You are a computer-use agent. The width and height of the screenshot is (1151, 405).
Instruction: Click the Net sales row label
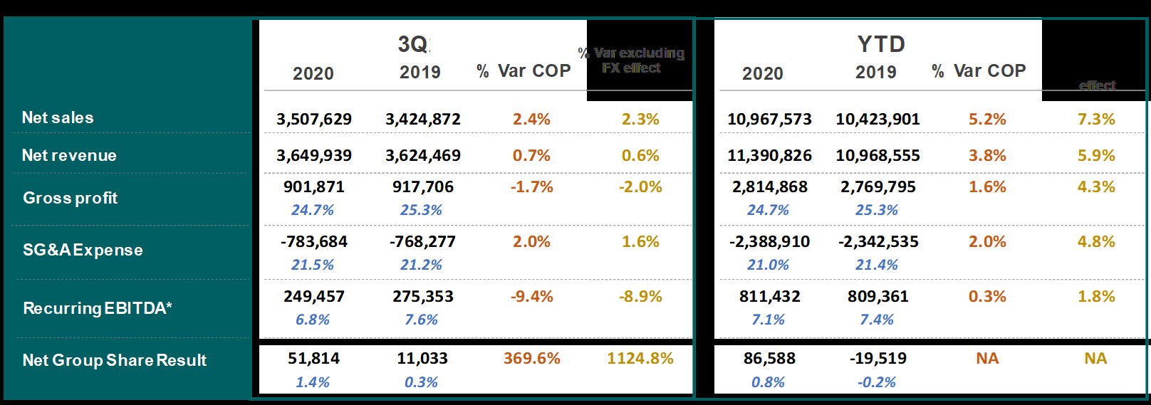[58, 117]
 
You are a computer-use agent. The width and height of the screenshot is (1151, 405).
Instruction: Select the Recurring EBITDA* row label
[98, 308]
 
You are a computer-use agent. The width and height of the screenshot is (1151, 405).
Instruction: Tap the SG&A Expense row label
[83, 250]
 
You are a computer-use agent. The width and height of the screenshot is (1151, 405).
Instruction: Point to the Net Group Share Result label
[115, 360]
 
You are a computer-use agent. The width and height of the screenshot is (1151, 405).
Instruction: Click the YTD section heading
[881, 44]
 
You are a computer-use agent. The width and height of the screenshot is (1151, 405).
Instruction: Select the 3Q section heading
[414, 44]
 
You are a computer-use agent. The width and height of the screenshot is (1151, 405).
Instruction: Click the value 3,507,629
[314, 120]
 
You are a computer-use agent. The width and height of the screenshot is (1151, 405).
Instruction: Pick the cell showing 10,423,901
[877, 120]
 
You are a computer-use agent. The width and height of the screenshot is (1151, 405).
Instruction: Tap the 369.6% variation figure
[531, 359]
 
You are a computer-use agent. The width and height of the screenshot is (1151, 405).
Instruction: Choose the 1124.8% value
[640, 359]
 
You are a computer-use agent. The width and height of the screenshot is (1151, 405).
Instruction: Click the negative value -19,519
[877, 359]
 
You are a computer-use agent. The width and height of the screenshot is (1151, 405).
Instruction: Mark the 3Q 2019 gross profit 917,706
[423, 187]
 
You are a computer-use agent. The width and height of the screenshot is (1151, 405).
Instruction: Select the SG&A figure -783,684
[314, 242]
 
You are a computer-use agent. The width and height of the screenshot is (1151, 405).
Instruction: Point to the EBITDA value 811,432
[769, 297]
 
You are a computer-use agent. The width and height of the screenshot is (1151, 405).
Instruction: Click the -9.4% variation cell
[531, 297]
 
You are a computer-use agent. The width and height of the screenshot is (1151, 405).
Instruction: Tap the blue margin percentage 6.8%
[313, 320]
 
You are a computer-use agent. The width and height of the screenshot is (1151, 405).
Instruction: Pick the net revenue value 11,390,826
[769, 156]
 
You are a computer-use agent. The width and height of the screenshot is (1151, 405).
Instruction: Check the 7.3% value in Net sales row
[1096, 120]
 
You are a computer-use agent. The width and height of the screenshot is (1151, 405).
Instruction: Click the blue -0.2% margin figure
[876, 382]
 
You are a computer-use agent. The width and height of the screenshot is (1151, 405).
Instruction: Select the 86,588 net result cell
[769, 359]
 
